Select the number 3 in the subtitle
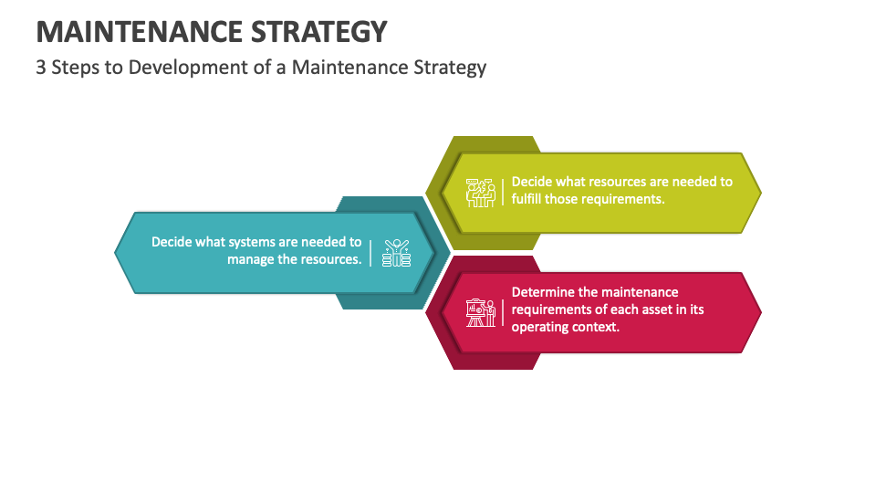pos(42,68)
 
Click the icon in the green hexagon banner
pos(480,192)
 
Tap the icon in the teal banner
pos(396,253)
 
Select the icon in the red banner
pos(480,313)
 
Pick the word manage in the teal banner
pos(252,259)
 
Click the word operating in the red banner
pos(541,327)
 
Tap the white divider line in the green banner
pos(502,191)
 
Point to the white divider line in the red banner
pos(502,311)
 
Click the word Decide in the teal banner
pos(172,242)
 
